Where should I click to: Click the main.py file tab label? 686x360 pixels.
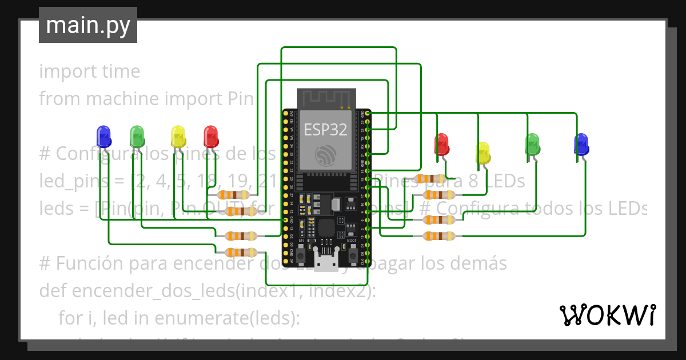[88, 26]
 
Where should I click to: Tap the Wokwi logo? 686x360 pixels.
[607, 315]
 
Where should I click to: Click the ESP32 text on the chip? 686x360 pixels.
[325, 129]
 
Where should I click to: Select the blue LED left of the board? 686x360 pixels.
[103, 137]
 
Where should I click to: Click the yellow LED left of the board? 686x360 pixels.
[178, 137]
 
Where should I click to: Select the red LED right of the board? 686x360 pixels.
[441, 144]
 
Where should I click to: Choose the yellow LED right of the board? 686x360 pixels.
[483, 153]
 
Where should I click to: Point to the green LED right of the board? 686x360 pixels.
[532, 144]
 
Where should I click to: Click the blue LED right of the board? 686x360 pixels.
[581, 144]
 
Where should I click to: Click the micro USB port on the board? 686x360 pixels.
[326, 264]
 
